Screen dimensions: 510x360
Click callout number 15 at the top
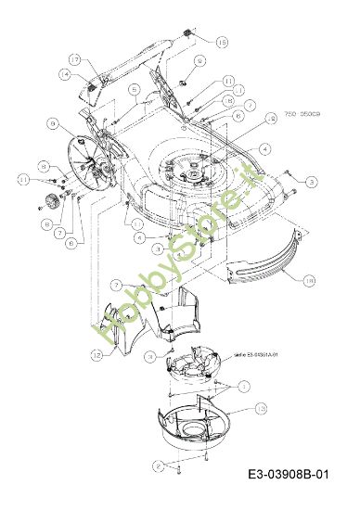pyautogui.click(x=221, y=43)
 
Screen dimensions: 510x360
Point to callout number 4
pyautogui.click(x=265, y=148)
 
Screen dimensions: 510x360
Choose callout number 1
pyautogui.click(x=243, y=383)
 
